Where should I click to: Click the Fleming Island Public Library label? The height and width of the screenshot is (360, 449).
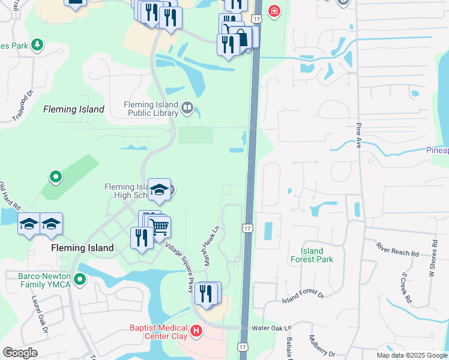(x=151, y=108)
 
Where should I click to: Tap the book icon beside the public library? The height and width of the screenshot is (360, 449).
(x=187, y=109)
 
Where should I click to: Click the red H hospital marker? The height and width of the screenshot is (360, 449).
(x=196, y=331)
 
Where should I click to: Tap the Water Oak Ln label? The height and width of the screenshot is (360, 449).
(x=271, y=328)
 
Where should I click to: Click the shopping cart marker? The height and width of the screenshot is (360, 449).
(x=159, y=227)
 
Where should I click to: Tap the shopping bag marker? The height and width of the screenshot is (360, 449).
(x=243, y=37)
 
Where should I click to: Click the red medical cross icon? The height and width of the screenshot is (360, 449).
(x=274, y=11)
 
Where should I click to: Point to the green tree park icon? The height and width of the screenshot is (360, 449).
(x=37, y=44)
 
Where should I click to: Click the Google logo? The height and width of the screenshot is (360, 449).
(x=20, y=353)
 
